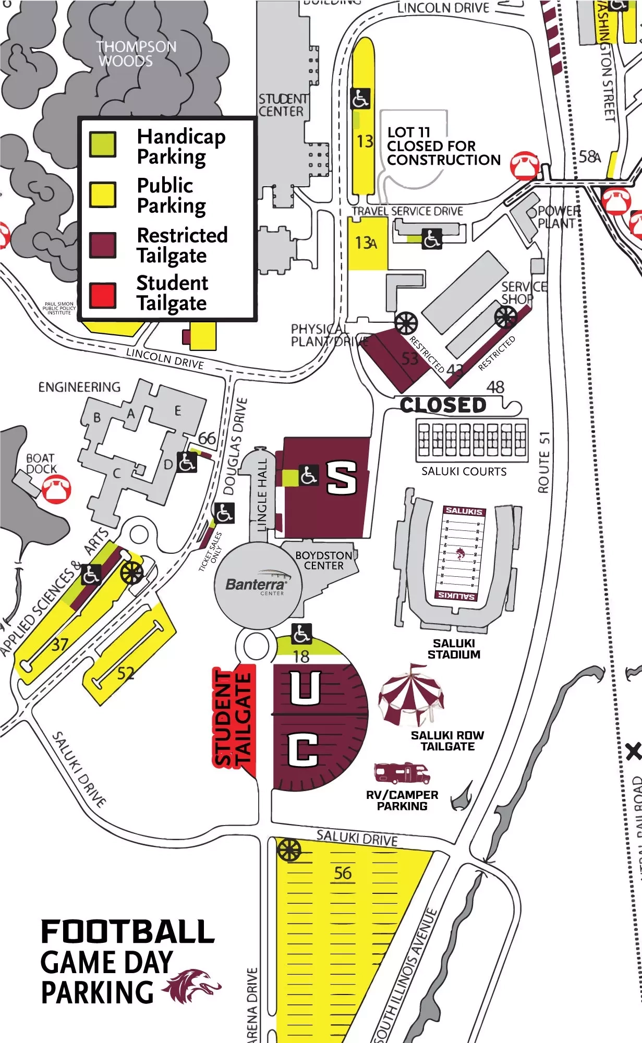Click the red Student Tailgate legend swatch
point(102,295)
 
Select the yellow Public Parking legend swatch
point(102,194)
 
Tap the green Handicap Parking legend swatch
point(102,144)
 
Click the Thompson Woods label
point(136,54)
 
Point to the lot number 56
point(343,873)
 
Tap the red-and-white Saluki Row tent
point(411,695)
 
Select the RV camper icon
point(402,773)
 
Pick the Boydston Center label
point(324,561)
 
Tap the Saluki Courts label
point(464,471)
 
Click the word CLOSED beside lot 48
point(443,405)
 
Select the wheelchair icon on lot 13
point(360,99)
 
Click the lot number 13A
point(366,242)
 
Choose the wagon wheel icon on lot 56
point(289,851)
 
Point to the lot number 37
point(59,645)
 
